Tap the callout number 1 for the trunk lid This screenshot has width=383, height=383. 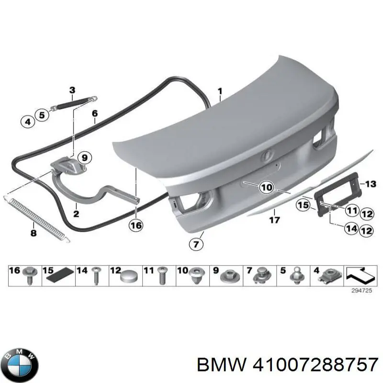[x=220, y=91]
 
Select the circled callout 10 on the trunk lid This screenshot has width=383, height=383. [x=266, y=188]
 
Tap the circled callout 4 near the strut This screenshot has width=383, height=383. [x=27, y=122]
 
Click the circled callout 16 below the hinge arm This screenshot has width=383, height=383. [x=136, y=225]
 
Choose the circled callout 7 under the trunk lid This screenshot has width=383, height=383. [x=195, y=245]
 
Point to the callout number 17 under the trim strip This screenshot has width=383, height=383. [x=274, y=221]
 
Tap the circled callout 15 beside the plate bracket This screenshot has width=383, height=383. [x=303, y=205]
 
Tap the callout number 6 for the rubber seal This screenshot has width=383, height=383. [x=94, y=113]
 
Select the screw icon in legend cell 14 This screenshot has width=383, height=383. [x=96, y=276]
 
